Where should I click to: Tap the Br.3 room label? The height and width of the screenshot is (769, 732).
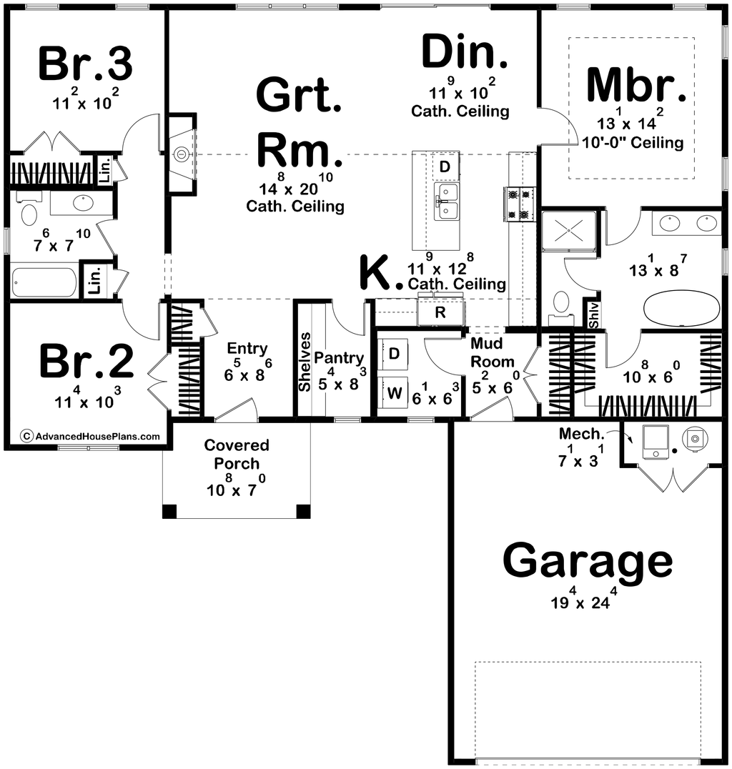[x=85, y=64]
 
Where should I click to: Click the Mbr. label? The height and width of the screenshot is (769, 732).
[x=636, y=85]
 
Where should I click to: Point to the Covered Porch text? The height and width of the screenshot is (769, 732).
[x=237, y=454]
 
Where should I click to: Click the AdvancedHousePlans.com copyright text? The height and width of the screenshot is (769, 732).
[x=91, y=436]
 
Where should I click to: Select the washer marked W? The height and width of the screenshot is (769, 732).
[x=395, y=392]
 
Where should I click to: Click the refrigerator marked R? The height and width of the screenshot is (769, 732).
[x=440, y=312]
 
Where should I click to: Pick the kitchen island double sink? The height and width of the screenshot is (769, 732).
[x=446, y=202]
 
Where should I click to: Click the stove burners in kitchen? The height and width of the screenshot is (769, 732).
[x=519, y=204]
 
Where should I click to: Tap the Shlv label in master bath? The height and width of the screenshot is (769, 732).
[x=593, y=315]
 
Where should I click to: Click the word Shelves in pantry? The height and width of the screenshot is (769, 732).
[x=305, y=362]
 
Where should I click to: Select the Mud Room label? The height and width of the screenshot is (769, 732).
[x=492, y=352]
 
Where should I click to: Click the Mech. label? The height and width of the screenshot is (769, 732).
[x=581, y=434]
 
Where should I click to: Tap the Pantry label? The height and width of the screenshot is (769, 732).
[x=339, y=358]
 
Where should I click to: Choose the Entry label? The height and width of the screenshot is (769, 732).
[x=247, y=349]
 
